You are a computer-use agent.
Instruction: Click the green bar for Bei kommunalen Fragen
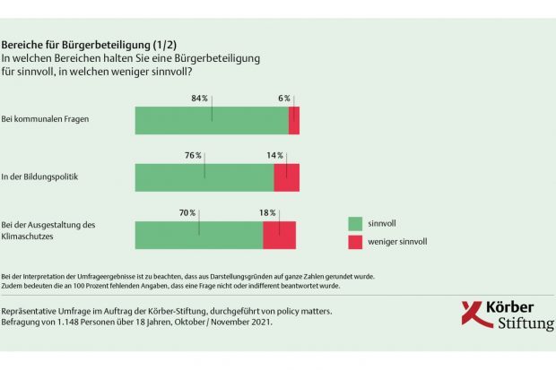(212, 120)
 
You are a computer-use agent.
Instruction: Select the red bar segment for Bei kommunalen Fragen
(294, 120)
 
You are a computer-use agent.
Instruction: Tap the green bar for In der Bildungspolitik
(204, 177)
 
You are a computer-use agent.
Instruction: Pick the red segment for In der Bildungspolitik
(286, 177)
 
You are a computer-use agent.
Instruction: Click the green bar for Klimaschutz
(199, 234)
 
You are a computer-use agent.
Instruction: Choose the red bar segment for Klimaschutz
(279, 234)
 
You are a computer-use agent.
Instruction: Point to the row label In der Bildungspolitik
(40, 176)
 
